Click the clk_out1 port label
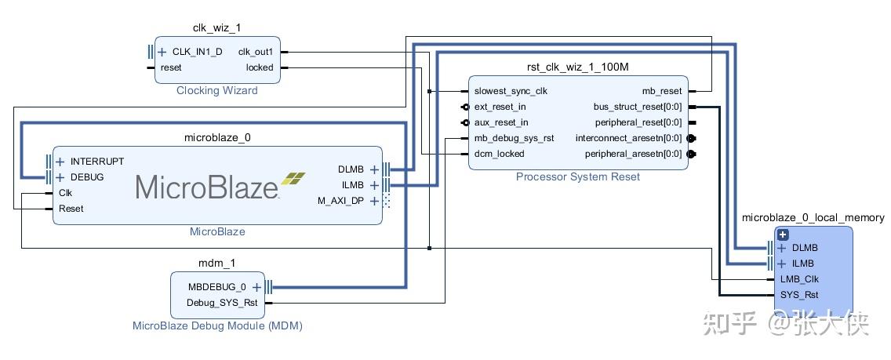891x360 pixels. tap(256, 52)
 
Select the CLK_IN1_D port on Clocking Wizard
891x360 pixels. tap(197, 52)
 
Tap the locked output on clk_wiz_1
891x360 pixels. tap(260, 67)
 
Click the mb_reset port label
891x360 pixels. tap(662, 91)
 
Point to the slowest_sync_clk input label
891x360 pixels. tap(511, 91)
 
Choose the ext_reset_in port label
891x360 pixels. tap(500, 107)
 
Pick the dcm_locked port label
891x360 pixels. tap(499, 154)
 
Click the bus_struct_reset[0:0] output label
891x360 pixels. tap(638, 107)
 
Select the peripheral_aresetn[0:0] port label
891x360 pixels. tap(633, 154)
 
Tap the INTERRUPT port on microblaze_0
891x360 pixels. tap(96, 162)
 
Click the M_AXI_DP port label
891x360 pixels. tap(341, 201)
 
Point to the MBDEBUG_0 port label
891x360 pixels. tap(216, 287)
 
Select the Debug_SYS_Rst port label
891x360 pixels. tap(223, 303)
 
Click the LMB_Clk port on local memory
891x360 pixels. tap(799, 279)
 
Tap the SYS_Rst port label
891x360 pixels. tap(799, 295)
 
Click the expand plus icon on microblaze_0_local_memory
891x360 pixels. tap(782, 235)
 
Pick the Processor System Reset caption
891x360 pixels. tap(577, 177)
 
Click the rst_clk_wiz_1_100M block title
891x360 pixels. tap(577, 67)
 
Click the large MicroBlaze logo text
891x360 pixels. tap(208, 187)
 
